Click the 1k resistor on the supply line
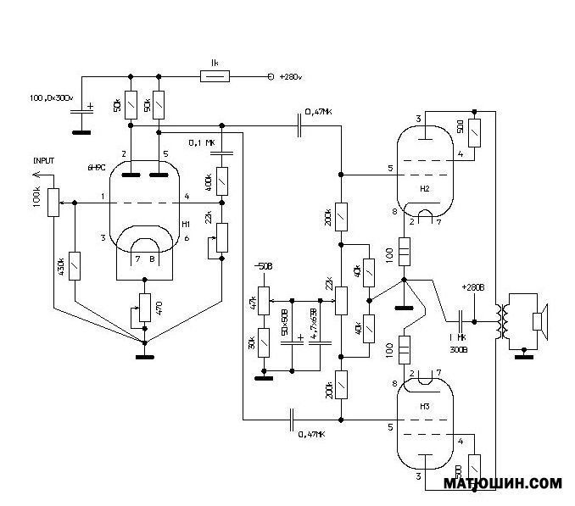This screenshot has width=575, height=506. point(214,77)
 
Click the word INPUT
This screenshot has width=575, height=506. point(44,160)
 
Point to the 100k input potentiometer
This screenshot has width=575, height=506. point(53,203)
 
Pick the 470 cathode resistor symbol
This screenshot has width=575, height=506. point(144,305)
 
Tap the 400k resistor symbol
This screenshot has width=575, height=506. point(221,179)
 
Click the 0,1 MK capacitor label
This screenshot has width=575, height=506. point(202,142)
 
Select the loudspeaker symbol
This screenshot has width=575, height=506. point(538,323)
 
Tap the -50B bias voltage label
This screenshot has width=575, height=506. point(265,268)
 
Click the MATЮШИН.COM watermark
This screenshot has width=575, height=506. point(503,484)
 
